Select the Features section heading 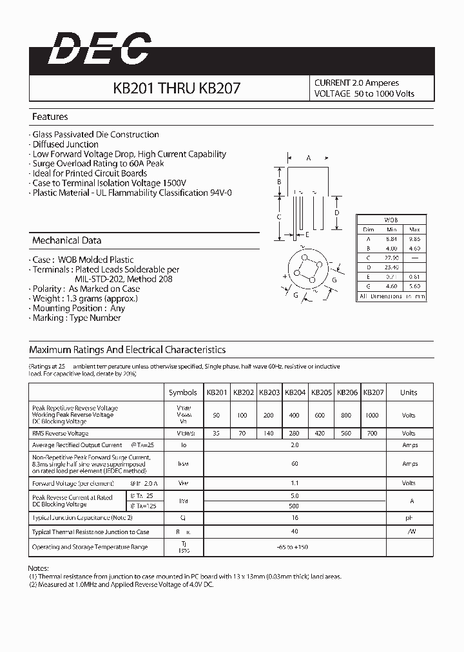[50, 117]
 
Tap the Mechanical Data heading [67, 240]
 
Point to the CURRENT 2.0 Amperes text [356, 83]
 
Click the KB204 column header [295, 392]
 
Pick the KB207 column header [373, 392]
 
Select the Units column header [409, 392]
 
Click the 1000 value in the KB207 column [372, 416]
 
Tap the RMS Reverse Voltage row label [60, 434]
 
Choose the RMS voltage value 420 [320, 434]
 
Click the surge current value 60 [295, 464]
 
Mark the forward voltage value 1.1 [295, 483]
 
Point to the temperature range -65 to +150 [295, 547]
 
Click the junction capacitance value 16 [295, 517]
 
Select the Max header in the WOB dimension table [414, 229]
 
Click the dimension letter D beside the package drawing [337, 213]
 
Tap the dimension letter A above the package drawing [309, 158]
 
